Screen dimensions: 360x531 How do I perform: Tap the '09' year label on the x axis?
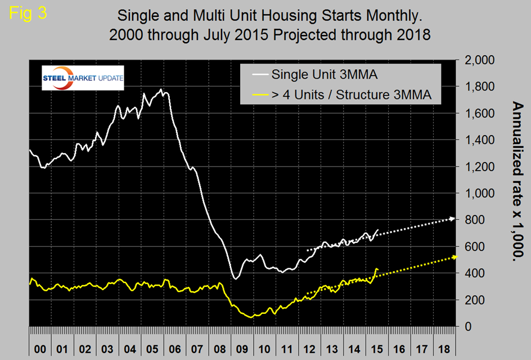click(246, 348)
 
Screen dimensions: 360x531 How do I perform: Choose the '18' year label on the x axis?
click(444, 348)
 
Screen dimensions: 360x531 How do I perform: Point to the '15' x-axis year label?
click(376, 348)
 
